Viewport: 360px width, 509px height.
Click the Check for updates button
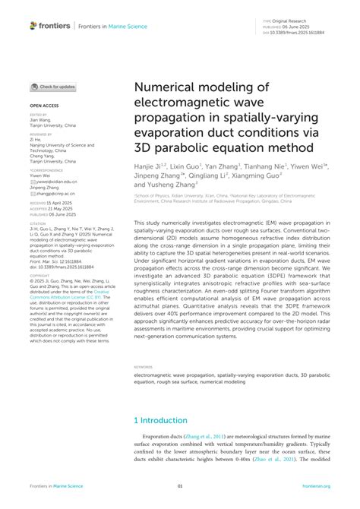click(x=52, y=87)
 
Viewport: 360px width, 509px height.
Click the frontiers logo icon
click(x=33, y=26)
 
